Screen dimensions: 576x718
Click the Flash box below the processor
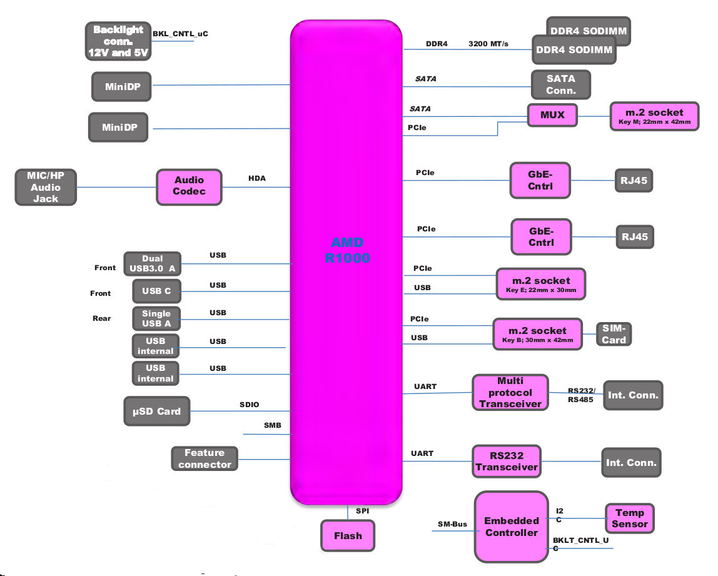point(348,535)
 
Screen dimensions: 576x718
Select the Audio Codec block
point(189,186)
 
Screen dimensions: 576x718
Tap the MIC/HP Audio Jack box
point(46,186)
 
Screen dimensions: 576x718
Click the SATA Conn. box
point(560,84)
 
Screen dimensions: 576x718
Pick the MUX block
point(552,115)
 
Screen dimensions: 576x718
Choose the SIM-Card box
point(614,334)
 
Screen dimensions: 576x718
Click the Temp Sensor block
point(629,518)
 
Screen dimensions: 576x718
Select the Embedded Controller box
point(511,527)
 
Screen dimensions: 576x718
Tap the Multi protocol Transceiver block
point(510,393)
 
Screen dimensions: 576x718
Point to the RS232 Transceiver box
point(506,462)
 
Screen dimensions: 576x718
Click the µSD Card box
point(156,412)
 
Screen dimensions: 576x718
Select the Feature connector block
point(205,458)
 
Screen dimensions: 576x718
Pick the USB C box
point(156,291)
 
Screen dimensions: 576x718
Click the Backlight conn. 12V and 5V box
point(118,41)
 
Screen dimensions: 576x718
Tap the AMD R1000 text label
point(347,250)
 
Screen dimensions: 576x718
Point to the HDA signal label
point(257,178)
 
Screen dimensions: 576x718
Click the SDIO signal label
point(249,405)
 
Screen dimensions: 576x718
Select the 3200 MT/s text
point(488,44)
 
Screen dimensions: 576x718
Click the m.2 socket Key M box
point(654,116)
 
